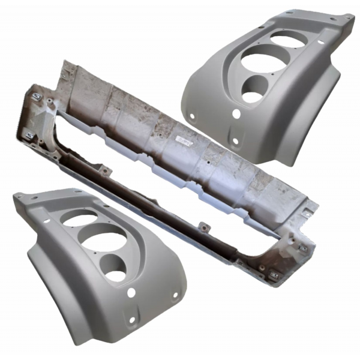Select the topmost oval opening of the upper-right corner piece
click(x=287, y=40)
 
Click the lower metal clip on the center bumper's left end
click(x=29, y=135)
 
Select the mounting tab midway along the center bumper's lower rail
click(x=203, y=227)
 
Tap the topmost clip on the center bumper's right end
click(x=308, y=212)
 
